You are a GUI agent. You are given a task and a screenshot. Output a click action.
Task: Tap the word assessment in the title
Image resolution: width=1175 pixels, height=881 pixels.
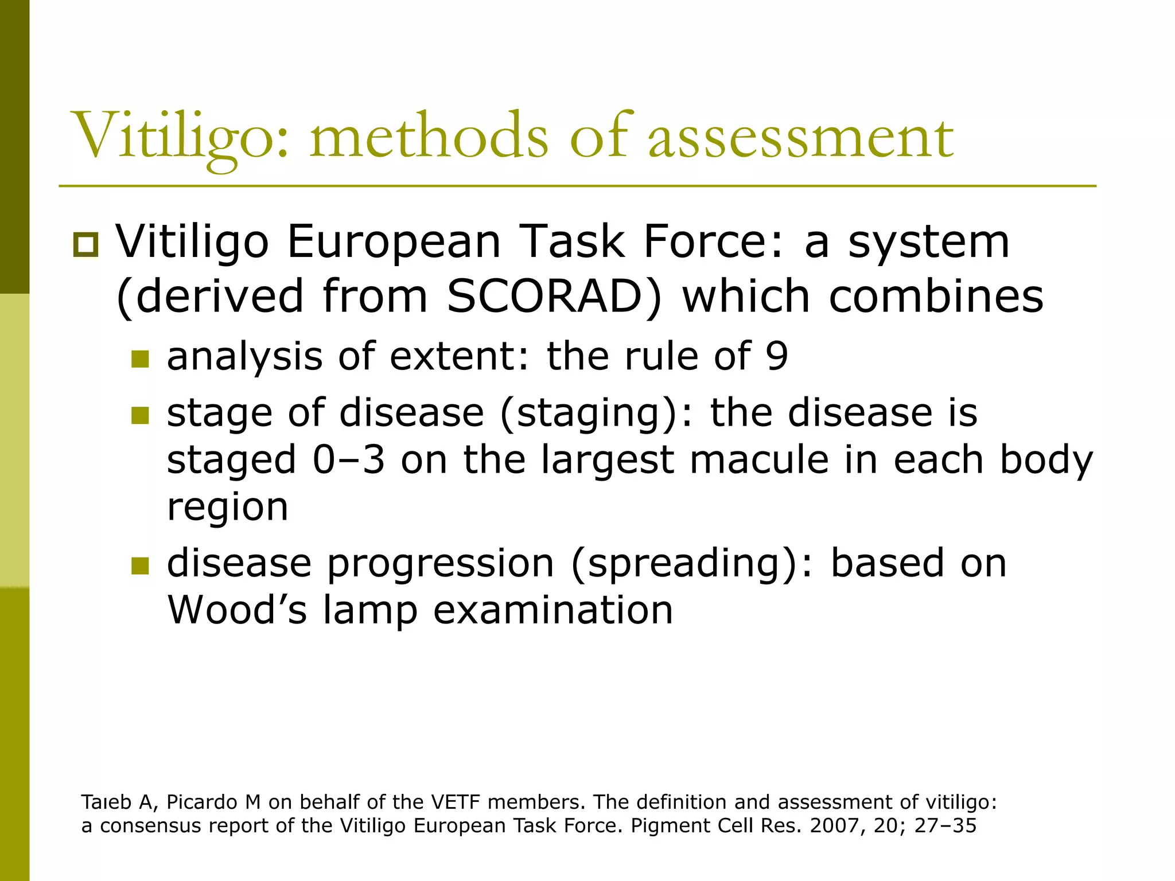(800, 138)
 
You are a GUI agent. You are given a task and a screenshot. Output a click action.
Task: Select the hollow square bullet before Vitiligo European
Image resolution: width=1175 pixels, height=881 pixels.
(86, 245)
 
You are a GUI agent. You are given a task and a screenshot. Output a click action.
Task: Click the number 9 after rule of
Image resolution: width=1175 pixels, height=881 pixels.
(777, 357)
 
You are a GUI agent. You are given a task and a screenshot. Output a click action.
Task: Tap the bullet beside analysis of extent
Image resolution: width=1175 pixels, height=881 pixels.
(140, 360)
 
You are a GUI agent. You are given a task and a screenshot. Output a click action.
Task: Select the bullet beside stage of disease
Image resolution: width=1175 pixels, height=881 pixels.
(140, 415)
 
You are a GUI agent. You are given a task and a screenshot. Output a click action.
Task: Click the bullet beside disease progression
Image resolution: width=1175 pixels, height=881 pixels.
(140, 566)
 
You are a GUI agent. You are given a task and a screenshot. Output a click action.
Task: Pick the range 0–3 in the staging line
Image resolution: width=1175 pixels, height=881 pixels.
(349, 461)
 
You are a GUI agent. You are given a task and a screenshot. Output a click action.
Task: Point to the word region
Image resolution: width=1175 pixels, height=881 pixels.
(227, 508)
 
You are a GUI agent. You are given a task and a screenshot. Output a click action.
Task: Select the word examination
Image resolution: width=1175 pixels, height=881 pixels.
(553, 610)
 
